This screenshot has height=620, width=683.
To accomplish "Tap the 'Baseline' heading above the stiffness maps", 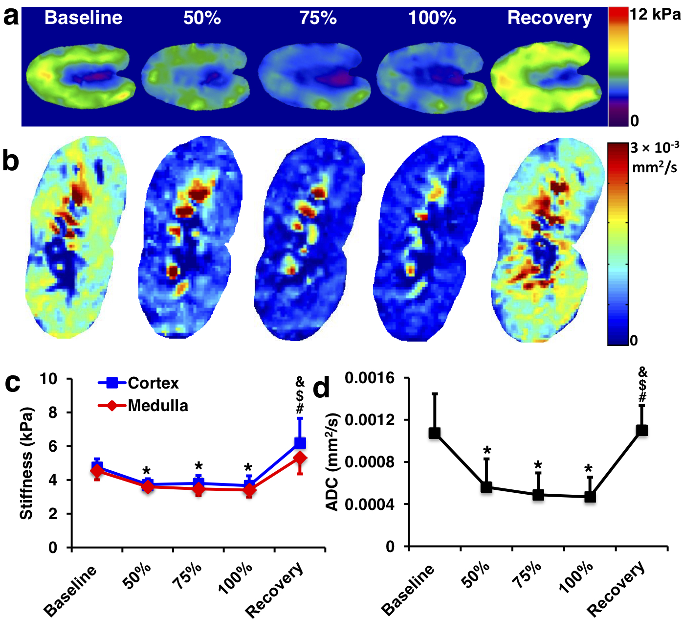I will [83, 18].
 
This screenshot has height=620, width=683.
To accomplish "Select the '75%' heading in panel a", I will [318, 18].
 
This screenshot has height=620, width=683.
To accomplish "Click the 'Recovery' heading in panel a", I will [550, 18].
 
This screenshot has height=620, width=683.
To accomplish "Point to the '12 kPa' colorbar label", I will [654, 15].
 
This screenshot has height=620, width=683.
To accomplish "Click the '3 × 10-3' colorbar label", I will [654, 147].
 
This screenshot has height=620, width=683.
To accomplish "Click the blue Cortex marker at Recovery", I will [300, 443].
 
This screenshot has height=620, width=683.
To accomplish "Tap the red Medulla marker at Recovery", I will [300, 459].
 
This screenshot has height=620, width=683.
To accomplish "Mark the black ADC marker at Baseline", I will [435, 433].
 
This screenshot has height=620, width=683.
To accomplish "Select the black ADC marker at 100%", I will [590, 497].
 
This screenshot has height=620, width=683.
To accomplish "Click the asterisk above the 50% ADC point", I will [487, 451].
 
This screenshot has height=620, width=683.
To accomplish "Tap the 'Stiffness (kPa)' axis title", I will [26, 462].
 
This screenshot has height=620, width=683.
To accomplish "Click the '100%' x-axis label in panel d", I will [577, 577].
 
